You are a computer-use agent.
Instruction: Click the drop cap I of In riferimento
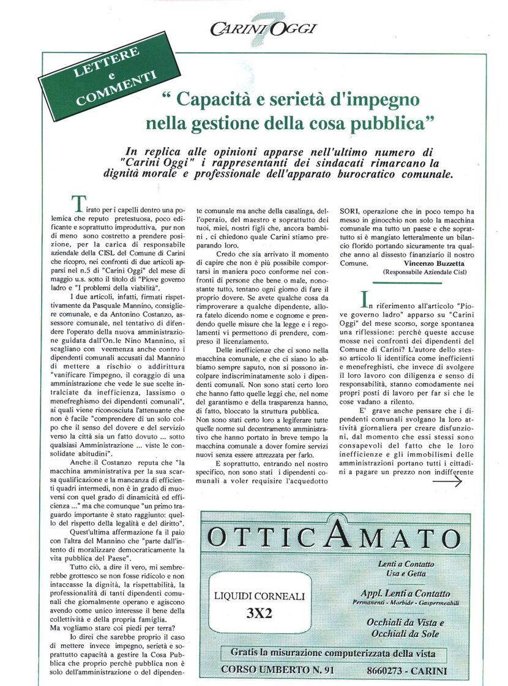click(365, 298)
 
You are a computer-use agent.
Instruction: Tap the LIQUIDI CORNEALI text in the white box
click(260, 595)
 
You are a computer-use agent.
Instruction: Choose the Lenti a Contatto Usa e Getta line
click(406, 568)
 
